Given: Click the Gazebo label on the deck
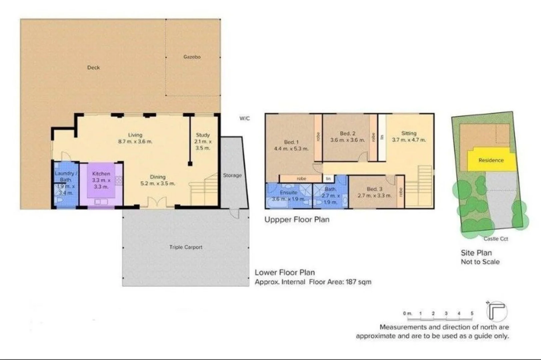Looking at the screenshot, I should tap(192, 57).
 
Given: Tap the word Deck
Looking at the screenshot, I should tap(93, 67).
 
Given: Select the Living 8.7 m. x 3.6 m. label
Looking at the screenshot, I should tap(135, 138).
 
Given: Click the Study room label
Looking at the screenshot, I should tap(203, 141).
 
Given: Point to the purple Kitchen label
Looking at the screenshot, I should tap(101, 180).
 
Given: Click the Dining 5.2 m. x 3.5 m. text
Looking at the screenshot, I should tap(157, 180).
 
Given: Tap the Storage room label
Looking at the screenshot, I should tap(232, 175).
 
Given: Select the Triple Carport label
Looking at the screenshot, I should tap(186, 247).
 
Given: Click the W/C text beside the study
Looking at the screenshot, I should tap(244, 118).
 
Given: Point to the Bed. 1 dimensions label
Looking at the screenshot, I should tap(291, 145).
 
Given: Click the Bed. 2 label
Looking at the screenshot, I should tap(347, 137).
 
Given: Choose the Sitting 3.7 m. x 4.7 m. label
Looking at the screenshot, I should tap(409, 136).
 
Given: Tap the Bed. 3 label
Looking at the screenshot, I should tap(374, 192).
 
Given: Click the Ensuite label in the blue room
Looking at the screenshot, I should tap(289, 196).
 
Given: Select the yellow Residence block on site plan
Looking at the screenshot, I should tap(491, 160).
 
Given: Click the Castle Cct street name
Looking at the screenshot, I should tap(496, 239).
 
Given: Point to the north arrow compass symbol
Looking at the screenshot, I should tap(496, 311).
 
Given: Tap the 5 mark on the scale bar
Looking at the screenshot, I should tap(472, 313).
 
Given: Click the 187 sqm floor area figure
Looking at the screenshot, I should tap(358, 282).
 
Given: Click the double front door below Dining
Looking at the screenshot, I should tap(157, 202).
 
